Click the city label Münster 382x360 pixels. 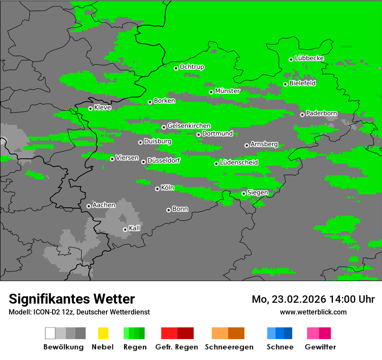(x=227, y=91)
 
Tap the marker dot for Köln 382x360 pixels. (x=157, y=189)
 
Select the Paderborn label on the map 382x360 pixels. (x=321, y=114)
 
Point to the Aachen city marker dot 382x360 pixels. (x=89, y=206)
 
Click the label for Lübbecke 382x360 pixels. (x=309, y=58)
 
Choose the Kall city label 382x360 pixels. (x=135, y=228)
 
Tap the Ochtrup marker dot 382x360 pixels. (x=176, y=68)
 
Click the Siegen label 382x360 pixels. (x=257, y=193)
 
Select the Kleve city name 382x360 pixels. (x=103, y=108)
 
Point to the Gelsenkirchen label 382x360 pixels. (x=189, y=126)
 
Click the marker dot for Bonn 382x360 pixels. (x=168, y=210)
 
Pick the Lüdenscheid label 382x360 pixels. (x=239, y=163)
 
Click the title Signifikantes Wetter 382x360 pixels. (x=72, y=299)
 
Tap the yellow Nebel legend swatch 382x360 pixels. (x=103, y=333)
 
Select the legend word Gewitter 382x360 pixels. (x=320, y=347)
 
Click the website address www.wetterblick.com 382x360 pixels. (x=313, y=312)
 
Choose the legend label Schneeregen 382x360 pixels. (x=228, y=347)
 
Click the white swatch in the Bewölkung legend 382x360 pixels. (x=50, y=333)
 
